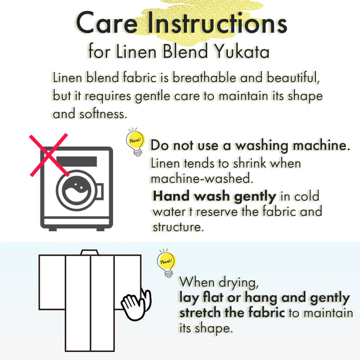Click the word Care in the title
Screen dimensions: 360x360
[x=107, y=22]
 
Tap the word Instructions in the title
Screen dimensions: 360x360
[x=217, y=22]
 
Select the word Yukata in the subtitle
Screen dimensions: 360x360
[x=241, y=51]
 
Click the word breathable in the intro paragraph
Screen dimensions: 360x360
[x=204, y=77]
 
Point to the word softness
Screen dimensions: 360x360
[x=103, y=114]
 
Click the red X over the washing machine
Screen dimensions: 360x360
[x=49, y=155]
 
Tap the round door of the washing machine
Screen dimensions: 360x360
[x=76, y=190]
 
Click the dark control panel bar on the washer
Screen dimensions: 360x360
[x=76, y=161]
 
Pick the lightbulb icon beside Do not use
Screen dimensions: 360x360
[x=135, y=142]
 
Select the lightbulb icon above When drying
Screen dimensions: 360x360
[x=166, y=263]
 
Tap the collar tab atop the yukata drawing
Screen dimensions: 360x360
[x=89, y=252]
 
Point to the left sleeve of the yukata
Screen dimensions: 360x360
[x=52, y=282]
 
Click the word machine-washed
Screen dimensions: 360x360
[x=202, y=178]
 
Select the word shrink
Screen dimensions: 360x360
[x=249, y=163]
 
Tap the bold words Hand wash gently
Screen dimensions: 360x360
[x=214, y=196]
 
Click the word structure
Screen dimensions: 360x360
[x=178, y=227]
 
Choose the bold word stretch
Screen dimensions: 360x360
[x=200, y=312]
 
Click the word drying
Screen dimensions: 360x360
[x=238, y=282]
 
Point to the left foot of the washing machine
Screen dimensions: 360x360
[x=52, y=229]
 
